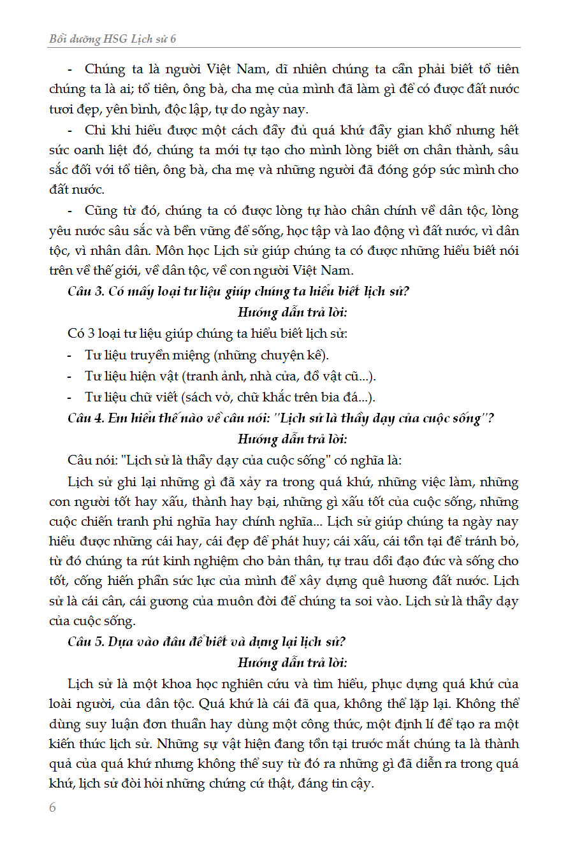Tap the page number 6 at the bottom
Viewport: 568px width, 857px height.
(52, 807)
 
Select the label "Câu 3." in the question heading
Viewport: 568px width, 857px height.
(83, 292)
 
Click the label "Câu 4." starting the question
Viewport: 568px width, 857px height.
(83, 419)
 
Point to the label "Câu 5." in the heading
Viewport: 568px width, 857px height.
(83, 642)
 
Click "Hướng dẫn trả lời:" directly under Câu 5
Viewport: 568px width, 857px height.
(293, 662)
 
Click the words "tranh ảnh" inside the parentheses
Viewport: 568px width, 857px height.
(210, 376)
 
